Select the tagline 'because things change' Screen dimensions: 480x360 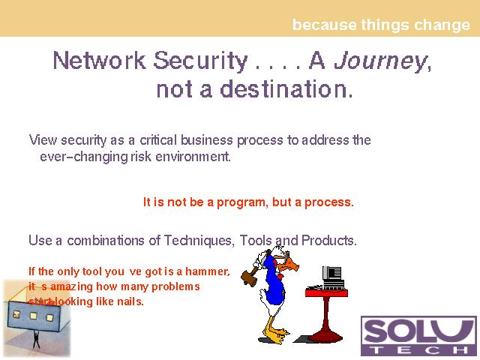tap(381, 25)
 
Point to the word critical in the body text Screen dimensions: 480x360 tap(158, 140)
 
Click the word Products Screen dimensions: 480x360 tap(329, 241)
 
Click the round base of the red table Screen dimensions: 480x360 tap(325, 337)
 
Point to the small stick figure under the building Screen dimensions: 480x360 tap(37, 339)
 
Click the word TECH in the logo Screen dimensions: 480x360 tap(419, 350)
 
